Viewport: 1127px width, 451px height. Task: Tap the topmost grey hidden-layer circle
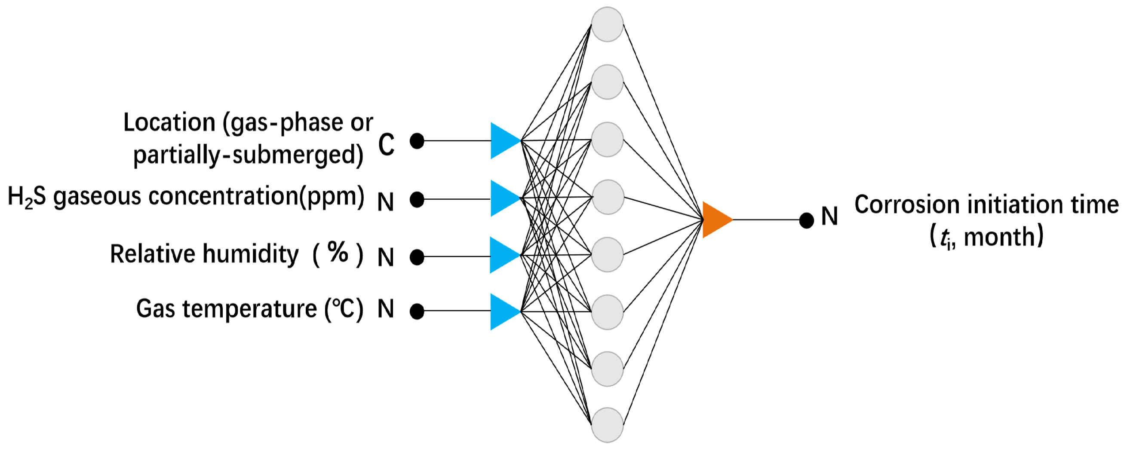[x=607, y=24]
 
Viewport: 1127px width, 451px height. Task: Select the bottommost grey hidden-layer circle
[x=607, y=425]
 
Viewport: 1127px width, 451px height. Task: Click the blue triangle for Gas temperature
[x=503, y=311]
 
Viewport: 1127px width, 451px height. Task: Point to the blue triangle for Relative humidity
[x=503, y=255]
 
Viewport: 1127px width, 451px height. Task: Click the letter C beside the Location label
[x=386, y=145]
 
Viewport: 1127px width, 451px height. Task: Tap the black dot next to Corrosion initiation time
[x=806, y=220]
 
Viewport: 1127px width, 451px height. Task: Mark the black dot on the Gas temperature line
[x=417, y=311]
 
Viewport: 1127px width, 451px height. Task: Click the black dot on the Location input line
[x=417, y=141]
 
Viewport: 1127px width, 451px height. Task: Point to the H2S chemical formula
[x=26, y=196]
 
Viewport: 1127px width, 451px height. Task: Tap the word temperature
[x=249, y=309]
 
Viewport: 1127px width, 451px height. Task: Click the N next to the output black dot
[x=829, y=216]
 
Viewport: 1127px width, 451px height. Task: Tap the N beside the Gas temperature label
[x=386, y=309]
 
